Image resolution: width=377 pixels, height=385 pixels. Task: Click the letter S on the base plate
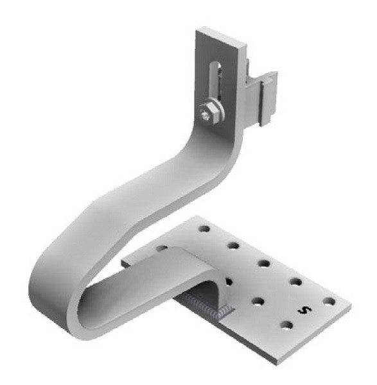[304, 311]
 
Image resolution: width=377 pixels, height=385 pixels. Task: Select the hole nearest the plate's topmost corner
[205, 229]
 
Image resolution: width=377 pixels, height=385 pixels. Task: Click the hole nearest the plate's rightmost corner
[329, 301]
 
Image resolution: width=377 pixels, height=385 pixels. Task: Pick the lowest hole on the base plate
[287, 325]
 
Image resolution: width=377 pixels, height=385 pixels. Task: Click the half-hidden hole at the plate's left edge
[162, 248]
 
